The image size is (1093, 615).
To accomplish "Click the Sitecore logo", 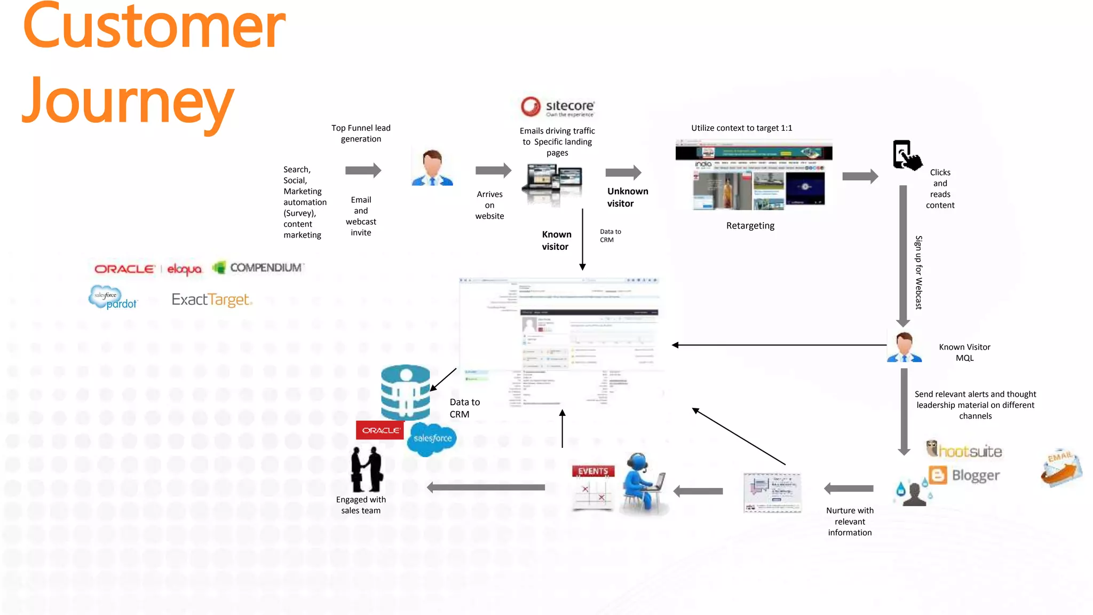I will click(557, 107).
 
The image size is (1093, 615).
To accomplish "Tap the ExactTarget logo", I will click(211, 300).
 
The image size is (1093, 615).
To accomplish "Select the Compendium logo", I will click(258, 267).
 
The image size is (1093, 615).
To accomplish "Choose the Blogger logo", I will click(964, 475).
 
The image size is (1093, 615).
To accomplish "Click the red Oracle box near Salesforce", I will click(380, 430).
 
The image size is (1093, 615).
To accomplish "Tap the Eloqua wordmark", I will click(185, 269).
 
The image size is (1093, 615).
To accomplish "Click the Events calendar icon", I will click(593, 487).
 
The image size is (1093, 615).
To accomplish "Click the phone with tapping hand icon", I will click(907, 155).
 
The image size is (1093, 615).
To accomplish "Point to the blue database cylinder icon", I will click(405, 392).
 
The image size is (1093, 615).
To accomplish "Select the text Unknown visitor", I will click(627, 198).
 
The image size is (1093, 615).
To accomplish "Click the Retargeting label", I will click(750, 226).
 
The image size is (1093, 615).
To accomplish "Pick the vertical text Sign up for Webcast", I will click(918, 272).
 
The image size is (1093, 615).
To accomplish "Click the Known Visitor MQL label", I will click(964, 352).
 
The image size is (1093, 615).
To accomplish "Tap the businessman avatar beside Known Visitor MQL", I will click(904, 347).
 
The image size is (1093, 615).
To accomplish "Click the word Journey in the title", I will click(128, 101).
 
